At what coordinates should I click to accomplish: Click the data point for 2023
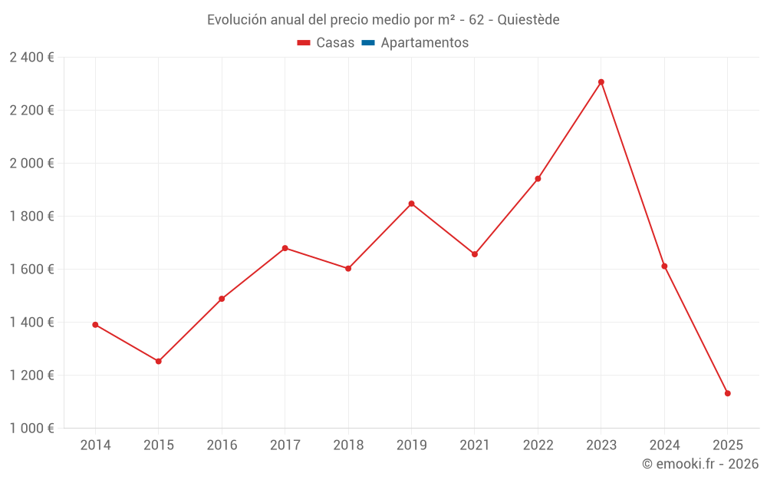point(601,82)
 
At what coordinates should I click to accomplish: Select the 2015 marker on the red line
point(159,361)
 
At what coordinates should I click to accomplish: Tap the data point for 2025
point(728,393)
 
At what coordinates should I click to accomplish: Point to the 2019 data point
point(411,204)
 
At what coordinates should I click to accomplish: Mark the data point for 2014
point(95,325)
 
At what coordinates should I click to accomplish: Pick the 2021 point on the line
point(475,254)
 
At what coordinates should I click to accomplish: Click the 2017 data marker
point(285,248)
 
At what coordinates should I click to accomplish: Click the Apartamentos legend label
point(424,43)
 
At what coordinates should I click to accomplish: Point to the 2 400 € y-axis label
point(31,58)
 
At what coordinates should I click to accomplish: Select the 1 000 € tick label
point(31,429)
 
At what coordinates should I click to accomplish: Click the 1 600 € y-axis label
point(31,270)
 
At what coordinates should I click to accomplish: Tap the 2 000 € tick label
point(31,164)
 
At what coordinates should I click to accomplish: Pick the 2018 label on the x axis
point(348,445)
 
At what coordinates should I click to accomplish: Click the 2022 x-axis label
point(538,445)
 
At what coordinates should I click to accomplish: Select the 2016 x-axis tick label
point(222,445)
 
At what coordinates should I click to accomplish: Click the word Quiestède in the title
point(528,20)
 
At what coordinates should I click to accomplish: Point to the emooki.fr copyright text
point(700,464)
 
